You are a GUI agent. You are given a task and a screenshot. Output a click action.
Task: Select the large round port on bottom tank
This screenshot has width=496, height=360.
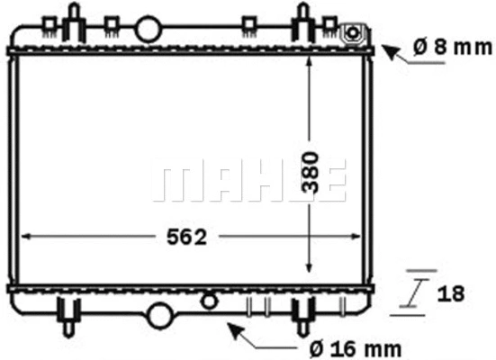point(160,316)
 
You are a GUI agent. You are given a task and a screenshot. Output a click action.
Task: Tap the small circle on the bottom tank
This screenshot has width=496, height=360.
point(210,300)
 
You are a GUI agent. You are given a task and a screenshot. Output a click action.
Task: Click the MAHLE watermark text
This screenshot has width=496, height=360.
point(249,183)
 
